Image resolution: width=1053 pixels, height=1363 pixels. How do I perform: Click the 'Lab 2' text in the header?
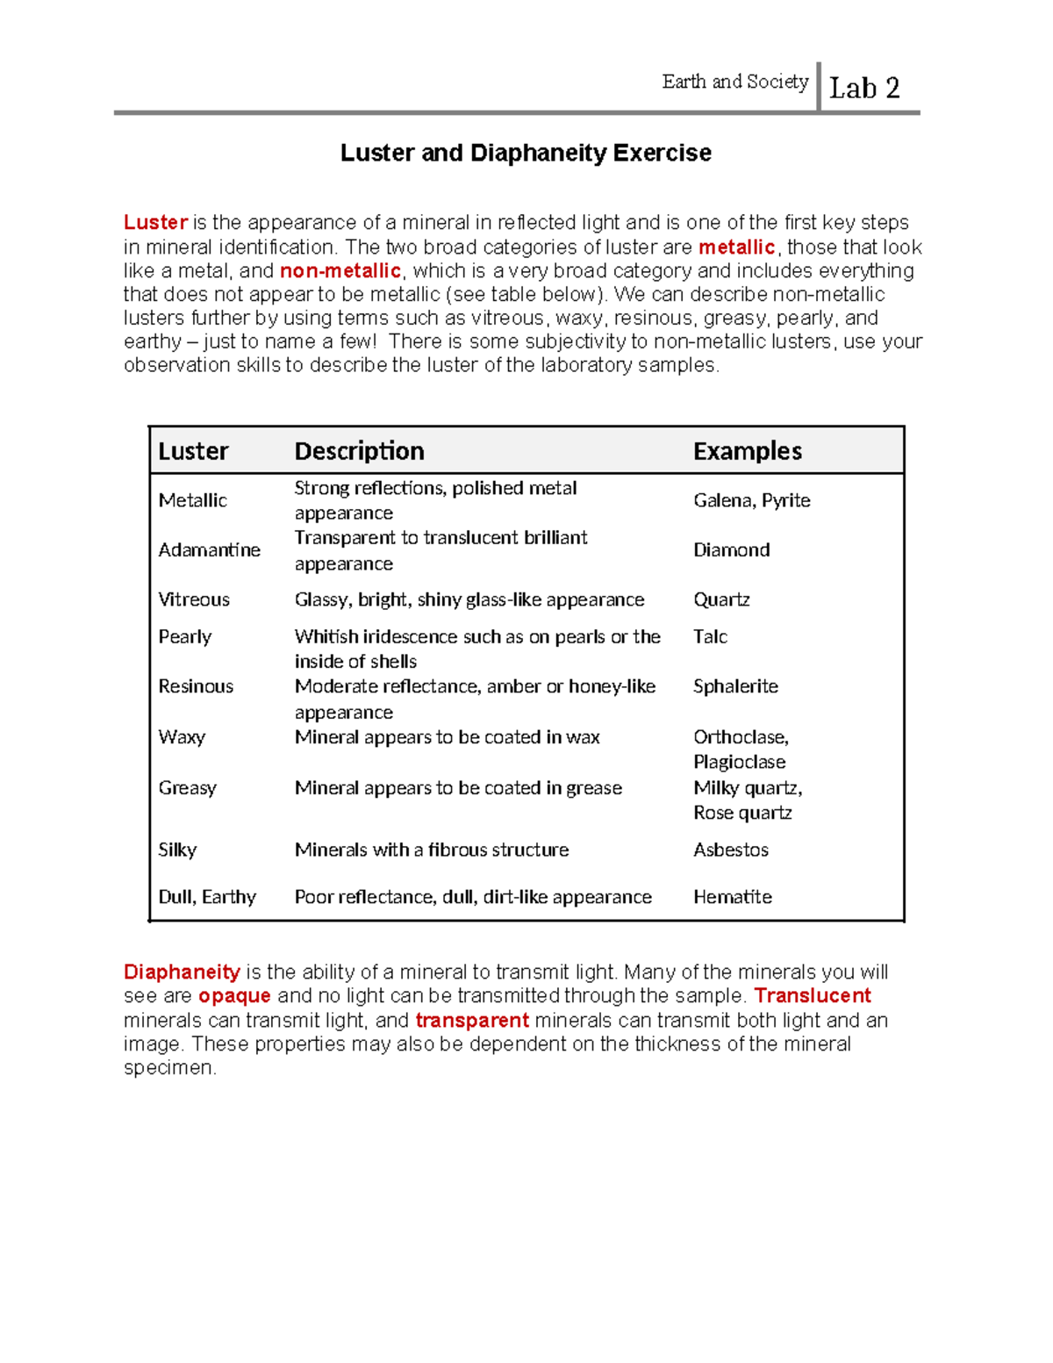tap(864, 89)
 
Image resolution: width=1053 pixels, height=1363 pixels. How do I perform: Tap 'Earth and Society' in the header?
tap(734, 82)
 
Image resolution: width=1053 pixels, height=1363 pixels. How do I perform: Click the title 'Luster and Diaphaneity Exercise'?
tap(526, 153)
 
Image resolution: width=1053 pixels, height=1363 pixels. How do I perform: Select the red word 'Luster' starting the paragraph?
tap(155, 223)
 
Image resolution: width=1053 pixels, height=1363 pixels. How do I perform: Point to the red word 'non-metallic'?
tap(340, 270)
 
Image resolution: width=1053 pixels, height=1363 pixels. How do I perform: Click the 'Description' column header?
tap(359, 451)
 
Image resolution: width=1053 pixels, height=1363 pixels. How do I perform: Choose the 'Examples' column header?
tap(747, 451)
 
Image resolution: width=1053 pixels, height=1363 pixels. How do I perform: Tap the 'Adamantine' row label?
tap(209, 550)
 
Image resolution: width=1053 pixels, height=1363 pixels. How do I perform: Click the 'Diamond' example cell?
tap(731, 550)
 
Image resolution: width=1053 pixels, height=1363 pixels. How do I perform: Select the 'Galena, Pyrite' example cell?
tap(751, 500)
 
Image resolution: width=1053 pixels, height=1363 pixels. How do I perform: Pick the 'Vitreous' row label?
tap(194, 599)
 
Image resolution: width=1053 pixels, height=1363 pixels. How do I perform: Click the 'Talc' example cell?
tap(710, 636)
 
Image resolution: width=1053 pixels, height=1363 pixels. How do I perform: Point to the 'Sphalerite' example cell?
tap(735, 686)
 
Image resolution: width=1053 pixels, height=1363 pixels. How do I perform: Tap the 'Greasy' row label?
tap(187, 788)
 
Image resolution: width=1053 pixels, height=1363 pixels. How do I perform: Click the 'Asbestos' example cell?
tap(730, 850)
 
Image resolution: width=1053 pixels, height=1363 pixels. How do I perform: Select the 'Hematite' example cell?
tap(732, 897)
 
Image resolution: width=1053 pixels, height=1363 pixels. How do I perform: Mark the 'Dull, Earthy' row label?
tap(207, 897)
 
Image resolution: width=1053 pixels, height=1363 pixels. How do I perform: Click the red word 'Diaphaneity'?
tap(182, 972)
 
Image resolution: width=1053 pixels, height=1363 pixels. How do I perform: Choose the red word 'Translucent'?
tap(812, 996)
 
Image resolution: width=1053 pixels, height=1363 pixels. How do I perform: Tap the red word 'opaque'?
tap(234, 996)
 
